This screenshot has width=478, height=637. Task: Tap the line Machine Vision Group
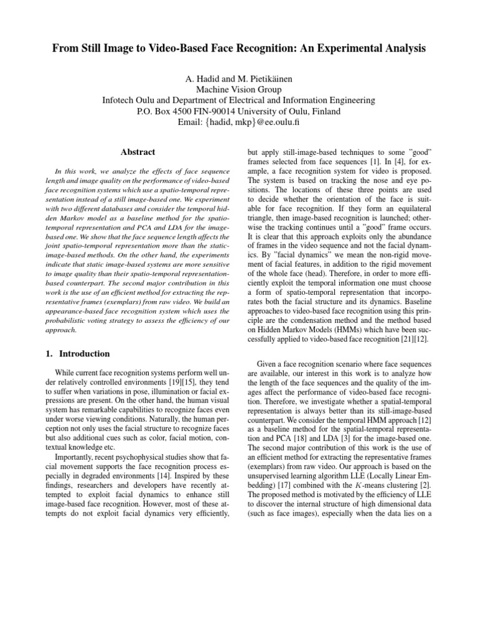(238, 89)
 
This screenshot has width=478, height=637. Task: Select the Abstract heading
(137, 152)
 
